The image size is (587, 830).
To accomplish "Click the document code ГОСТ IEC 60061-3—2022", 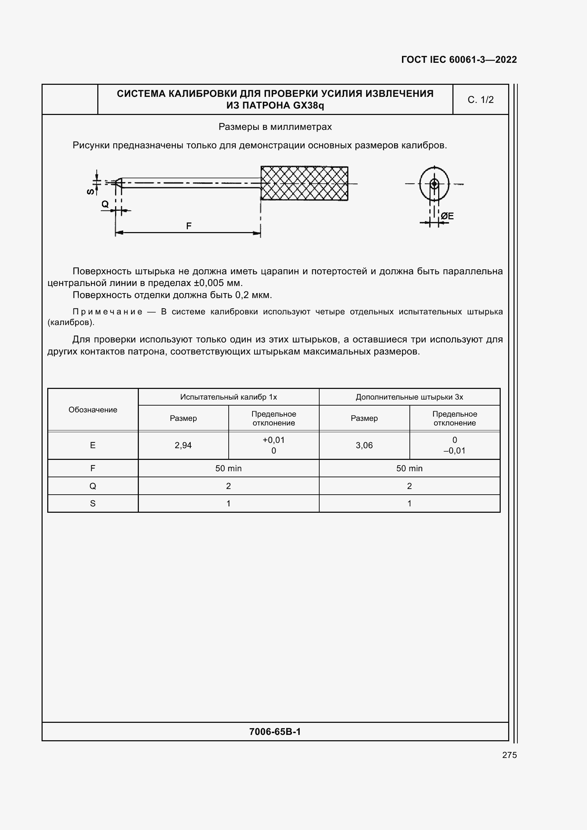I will pyautogui.click(x=458, y=60).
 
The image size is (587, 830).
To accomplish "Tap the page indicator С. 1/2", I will pyautogui.click(x=480, y=100).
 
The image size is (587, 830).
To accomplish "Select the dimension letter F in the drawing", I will pyautogui.click(x=189, y=226).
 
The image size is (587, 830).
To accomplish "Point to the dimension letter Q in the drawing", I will pyautogui.click(x=105, y=204).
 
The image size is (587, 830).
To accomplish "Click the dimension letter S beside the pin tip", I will pyautogui.click(x=91, y=191).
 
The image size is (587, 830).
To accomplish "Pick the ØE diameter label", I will pyautogui.click(x=447, y=216).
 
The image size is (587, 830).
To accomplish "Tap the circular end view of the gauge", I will pyautogui.click(x=434, y=184).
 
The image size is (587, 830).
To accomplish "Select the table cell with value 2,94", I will pyautogui.click(x=183, y=445).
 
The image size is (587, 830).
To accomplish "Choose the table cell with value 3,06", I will pyautogui.click(x=364, y=445).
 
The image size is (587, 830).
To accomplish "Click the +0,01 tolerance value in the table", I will pyautogui.click(x=273, y=440).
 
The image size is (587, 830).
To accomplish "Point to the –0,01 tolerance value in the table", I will pyautogui.click(x=454, y=451).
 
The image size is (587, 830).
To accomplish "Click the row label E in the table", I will pyautogui.click(x=93, y=445).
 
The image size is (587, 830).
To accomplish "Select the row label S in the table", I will pyautogui.click(x=93, y=504).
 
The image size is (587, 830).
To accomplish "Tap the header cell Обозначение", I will pyautogui.click(x=93, y=409).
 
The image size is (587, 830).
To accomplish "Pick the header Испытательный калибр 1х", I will pyautogui.click(x=228, y=397).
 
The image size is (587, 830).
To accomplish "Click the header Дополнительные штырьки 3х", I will pyautogui.click(x=409, y=397).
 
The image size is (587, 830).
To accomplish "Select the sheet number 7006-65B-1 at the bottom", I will pyautogui.click(x=275, y=732).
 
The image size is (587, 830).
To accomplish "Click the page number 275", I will pyautogui.click(x=509, y=755).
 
